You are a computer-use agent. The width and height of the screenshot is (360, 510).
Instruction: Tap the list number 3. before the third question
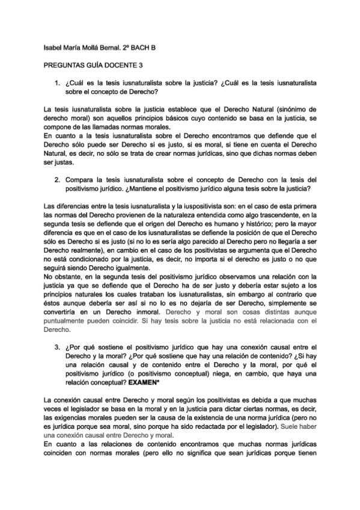[x=57, y=348]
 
